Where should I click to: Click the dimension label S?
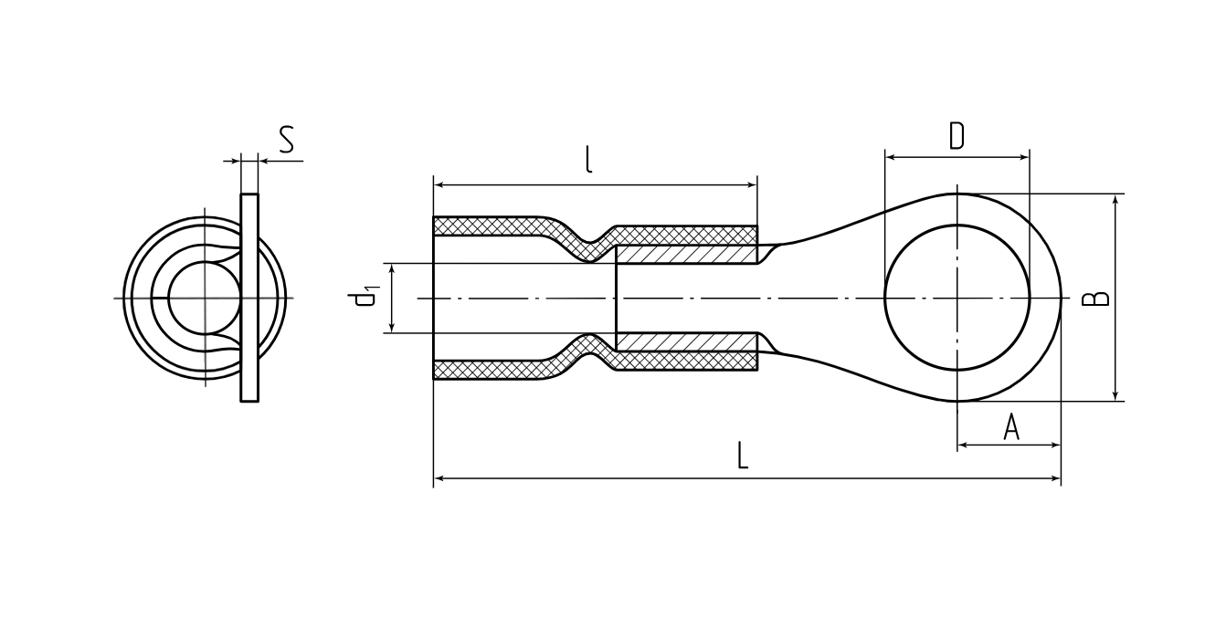pyautogui.click(x=287, y=140)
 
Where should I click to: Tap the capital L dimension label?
pyautogui.click(x=743, y=456)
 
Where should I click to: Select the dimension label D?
pyautogui.click(x=957, y=135)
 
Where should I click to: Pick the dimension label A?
pyautogui.click(x=1011, y=427)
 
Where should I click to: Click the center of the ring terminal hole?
pyautogui.click(x=957, y=298)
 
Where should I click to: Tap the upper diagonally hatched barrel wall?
pyautogui.click(x=686, y=255)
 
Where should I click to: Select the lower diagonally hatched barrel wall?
pyautogui.click(x=686, y=342)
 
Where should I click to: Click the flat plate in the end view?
pyautogui.click(x=249, y=298)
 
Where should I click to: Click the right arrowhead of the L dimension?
pyautogui.click(x=1056, y=478)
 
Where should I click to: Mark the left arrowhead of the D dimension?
pyautogui.click(x=890, y=157)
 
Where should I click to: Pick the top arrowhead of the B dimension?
pyautogui.click(x=1115, y=198)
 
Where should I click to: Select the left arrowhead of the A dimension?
pyautogui.click(x=963, y=446)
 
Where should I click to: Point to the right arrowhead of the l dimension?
pyautogui.click(x=753, y=185)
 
